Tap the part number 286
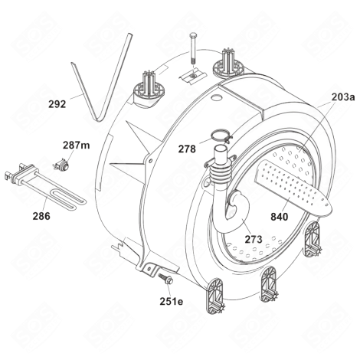[41, 217]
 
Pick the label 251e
[172, 301]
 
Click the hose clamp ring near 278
[221, 139]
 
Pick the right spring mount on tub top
[230, 60]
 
